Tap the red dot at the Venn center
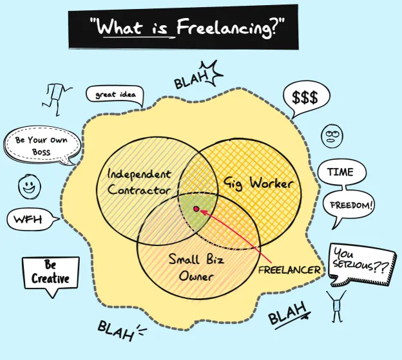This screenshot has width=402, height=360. (196, 209)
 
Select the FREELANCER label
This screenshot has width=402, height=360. (289, 270)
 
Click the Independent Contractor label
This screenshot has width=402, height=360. (139, 182)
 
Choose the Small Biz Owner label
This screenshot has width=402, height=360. (191, 268)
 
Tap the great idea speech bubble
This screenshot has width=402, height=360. (114, 95)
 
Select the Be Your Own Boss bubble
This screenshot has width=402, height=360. (41, 146)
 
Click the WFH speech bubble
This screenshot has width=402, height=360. (30, 220)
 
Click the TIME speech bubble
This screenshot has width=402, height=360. (341, 173)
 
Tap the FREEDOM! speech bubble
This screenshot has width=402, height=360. (351, 206)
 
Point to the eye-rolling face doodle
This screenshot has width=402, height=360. (332, 135)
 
